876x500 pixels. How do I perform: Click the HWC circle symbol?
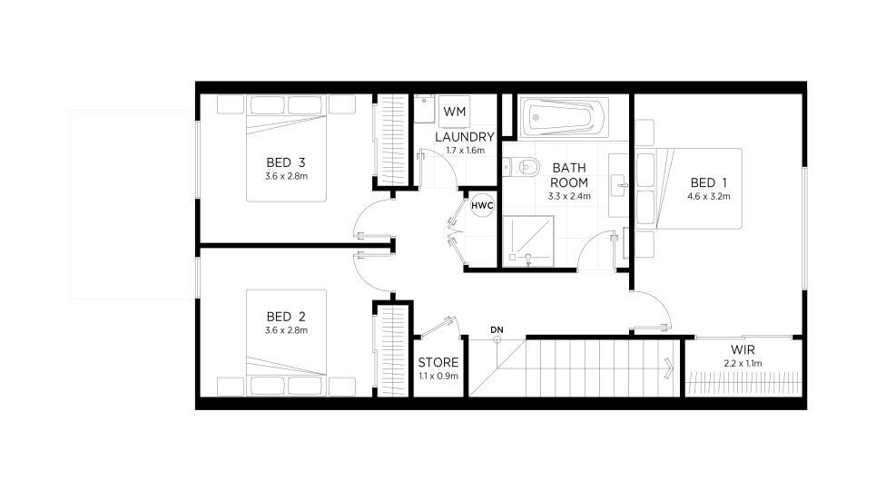click(482, 206)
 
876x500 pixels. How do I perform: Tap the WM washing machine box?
click(454, 112)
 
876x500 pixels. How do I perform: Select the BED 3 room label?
click(285, 162)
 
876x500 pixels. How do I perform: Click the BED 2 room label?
click(285, 317)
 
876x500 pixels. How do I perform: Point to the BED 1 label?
click(708, 182)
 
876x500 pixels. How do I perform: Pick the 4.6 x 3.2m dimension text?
click(708, 196)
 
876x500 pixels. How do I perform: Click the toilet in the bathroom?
click(521, 166)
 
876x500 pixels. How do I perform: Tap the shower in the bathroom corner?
click(528, 241)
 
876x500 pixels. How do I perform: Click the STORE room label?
click(438, 363)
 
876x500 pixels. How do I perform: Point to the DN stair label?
click(497, 330)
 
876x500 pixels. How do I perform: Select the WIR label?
click(743, 350)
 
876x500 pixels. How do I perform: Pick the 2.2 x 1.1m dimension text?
click(743, 363)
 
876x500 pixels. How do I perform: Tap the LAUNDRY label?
click(465, 137)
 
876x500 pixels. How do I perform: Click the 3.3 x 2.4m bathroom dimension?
click(569, 196)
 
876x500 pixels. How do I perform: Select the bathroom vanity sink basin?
click(618, 186)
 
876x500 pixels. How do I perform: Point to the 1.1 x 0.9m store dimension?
click(438, 376)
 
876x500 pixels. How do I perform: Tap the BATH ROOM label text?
click(569, 175)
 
